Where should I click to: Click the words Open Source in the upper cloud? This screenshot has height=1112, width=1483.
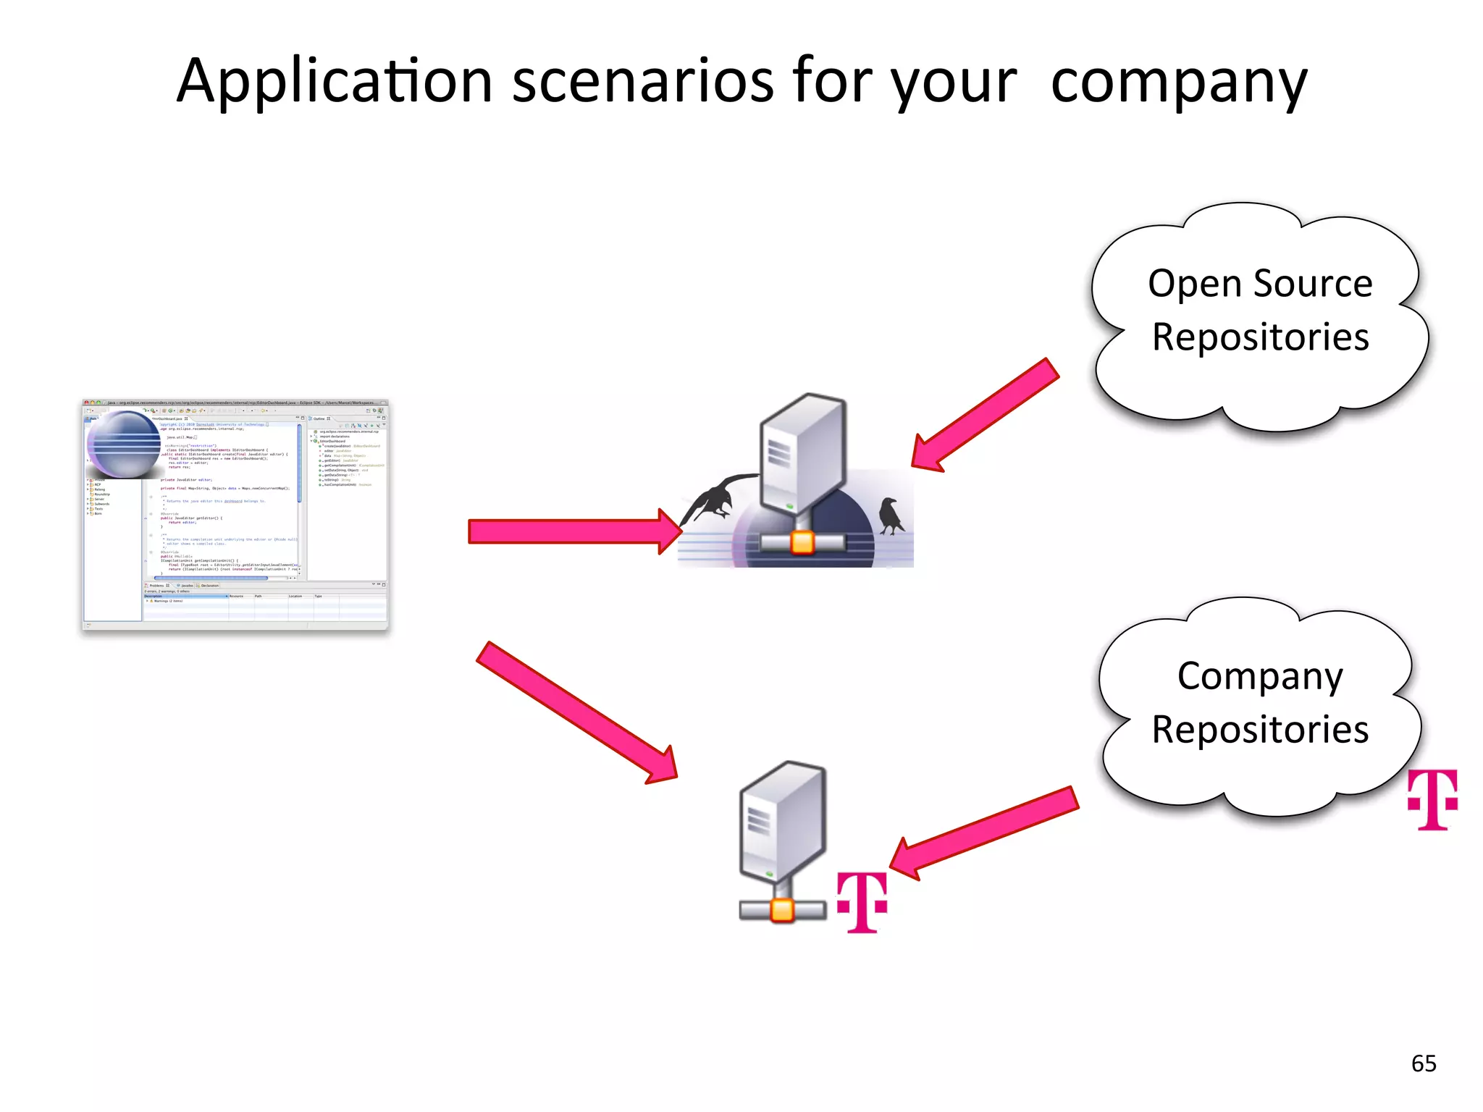tap(1260, 283)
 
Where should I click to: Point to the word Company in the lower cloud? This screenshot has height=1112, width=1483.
tap(1260, 677)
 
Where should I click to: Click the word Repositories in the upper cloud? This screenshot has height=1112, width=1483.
tap(1260, 337)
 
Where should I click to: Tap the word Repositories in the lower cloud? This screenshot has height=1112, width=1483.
tap(1260, 730)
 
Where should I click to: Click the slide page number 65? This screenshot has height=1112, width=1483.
tap(1424, 1063)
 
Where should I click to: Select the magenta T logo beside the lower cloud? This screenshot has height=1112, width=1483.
tap(1432, 799)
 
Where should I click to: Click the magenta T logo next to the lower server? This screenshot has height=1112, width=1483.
tap(862, 902)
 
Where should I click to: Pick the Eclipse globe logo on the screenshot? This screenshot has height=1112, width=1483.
tap(124, 445)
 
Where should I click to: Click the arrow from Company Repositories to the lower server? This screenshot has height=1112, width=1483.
tap(985, 833)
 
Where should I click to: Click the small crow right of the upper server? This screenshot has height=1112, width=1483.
tap(891, 515)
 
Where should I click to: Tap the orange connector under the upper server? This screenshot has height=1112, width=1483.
tap(802, 542)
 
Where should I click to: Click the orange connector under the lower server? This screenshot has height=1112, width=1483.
tap(782, 910)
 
